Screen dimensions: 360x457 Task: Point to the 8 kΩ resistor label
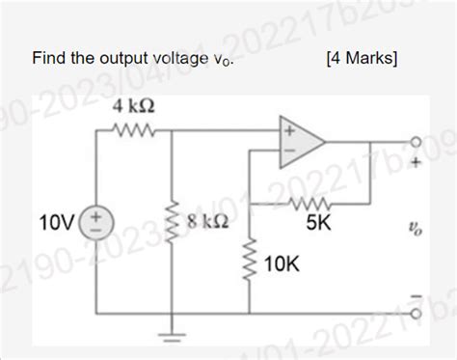(207, 221)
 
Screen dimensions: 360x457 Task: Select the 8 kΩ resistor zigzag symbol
(172, 228)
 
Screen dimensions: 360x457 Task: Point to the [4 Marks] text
(362, 59)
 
